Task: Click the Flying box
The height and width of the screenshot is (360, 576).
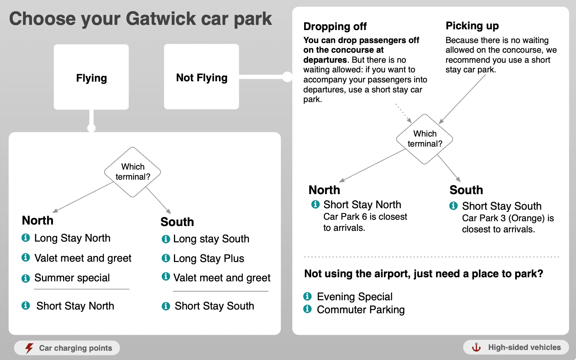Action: [x=91, y=77]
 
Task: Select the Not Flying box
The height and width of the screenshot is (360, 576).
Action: [x=201, y=77]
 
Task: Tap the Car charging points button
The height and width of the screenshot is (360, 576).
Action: [x=67, y=348]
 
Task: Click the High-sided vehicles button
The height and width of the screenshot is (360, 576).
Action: [x=516, y=347]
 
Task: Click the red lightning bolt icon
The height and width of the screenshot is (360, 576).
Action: [x=29, y=348]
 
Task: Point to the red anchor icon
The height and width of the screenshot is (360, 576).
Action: [x=476, y=347]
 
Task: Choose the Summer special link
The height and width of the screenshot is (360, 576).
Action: [x=72, y=278]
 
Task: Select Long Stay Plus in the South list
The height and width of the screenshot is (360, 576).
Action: [x=208, y=258]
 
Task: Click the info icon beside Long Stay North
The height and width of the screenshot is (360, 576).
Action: [x=26, y=238]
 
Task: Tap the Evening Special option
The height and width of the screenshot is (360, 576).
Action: [x=355, y=297]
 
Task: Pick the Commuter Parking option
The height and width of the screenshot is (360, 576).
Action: [x=361, y=310]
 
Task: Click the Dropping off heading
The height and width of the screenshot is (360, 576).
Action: [x=335, y=26]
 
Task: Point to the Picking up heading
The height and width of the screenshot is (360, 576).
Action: [x=472, y=26]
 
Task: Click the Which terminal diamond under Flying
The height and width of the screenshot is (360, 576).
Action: [x=133, y=172]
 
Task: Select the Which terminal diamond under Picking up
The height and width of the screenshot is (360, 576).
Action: [x=425, y=139]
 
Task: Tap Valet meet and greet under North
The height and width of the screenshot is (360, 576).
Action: [x=83, y=258]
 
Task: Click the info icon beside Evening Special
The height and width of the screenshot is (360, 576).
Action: [x=307, y=296]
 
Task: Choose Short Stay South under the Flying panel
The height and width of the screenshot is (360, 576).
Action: [x=214, y=306]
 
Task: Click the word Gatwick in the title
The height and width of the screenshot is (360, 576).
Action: [x=161, y=19]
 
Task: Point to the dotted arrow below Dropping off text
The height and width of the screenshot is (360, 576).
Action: [x=403, y=113]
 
